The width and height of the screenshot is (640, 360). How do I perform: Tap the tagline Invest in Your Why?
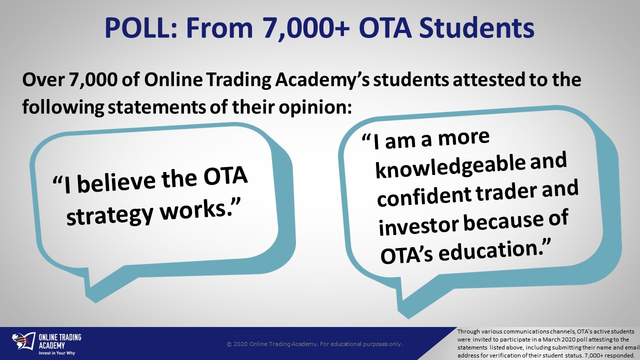(57, 353)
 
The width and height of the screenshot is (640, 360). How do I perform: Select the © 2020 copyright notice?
(314, 344)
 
